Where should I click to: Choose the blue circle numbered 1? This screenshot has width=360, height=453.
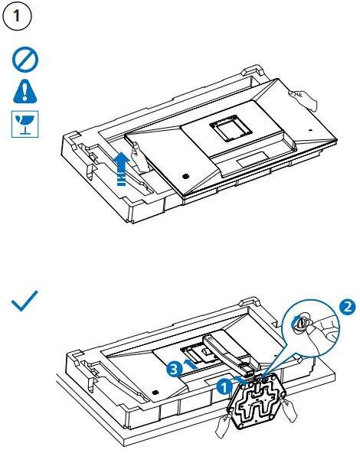tap(224, 387)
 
